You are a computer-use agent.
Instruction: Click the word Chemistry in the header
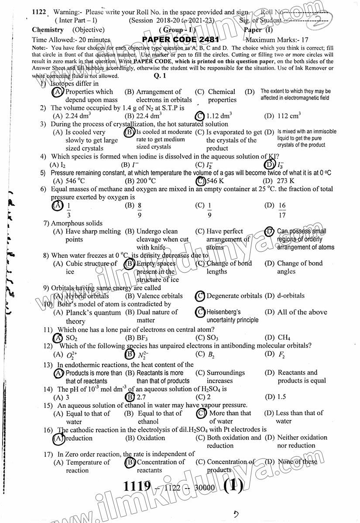coord(48,30)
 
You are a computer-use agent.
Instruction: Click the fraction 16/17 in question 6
coord(282,209)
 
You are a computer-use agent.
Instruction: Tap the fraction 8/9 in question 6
coord(140,209)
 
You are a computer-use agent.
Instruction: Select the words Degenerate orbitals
coord(234,296)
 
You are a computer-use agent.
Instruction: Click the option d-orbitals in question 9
coord(291,296)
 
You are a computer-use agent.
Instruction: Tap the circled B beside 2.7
coord(130,397)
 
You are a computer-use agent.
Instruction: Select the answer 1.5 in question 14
coord(282,397)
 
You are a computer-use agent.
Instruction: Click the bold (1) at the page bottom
coord(233,486)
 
